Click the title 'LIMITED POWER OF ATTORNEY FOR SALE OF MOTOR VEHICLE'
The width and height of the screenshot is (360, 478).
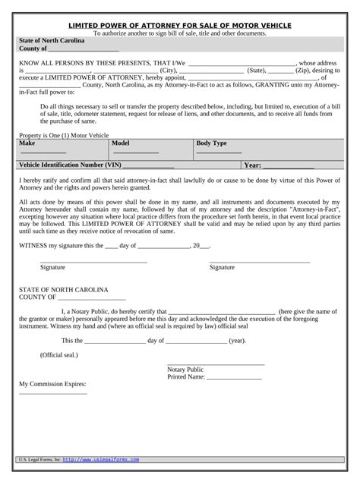(x=180, y=25)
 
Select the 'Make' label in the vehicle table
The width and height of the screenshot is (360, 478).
(x=27, y=143)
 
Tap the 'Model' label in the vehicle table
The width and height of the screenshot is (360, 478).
(x=122, y=143)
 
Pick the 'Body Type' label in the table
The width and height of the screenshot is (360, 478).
(x=211, y=143)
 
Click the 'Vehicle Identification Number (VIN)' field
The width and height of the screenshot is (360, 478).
(x=148, y=165)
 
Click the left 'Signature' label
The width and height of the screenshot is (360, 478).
(x=52, y=267)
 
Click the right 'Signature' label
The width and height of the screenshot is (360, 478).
(x=222, y=267)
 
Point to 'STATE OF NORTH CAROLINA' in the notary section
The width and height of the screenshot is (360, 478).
(x=64, y=290)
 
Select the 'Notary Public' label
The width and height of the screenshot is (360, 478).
(x=185, y=370)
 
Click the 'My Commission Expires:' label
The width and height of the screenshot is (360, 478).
(x=52, y=384)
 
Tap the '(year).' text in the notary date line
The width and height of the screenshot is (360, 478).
(x=237, y=341)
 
